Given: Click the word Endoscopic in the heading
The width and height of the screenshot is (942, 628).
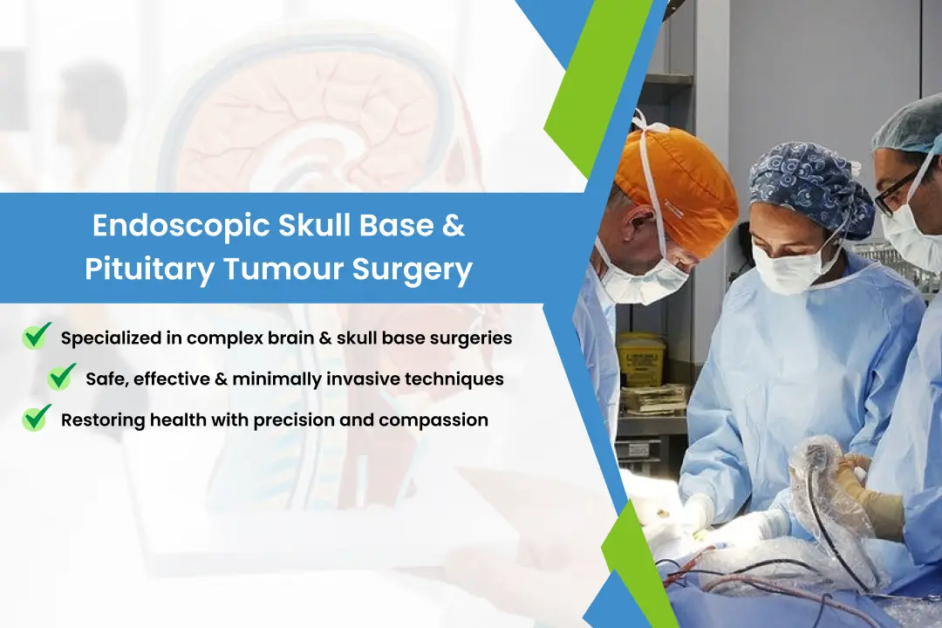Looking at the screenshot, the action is [181, 226].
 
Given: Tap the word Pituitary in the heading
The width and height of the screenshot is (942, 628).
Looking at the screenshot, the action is [150, 269].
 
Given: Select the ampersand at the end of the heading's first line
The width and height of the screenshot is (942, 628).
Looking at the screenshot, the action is [454, 225].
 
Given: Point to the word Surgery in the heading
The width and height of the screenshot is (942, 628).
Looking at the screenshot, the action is [412, 270].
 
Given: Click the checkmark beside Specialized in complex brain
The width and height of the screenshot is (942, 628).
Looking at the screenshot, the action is [37, 335].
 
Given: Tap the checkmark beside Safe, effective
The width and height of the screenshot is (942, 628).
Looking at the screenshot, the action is [62, 377].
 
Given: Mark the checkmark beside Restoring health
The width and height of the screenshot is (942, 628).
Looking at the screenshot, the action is [37, 418].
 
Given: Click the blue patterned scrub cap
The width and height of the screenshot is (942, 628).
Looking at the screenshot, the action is [811, 188].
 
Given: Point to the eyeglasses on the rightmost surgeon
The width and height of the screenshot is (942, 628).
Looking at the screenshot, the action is [898, 186].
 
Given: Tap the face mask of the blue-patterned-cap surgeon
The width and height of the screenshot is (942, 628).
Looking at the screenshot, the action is [787, 265].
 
